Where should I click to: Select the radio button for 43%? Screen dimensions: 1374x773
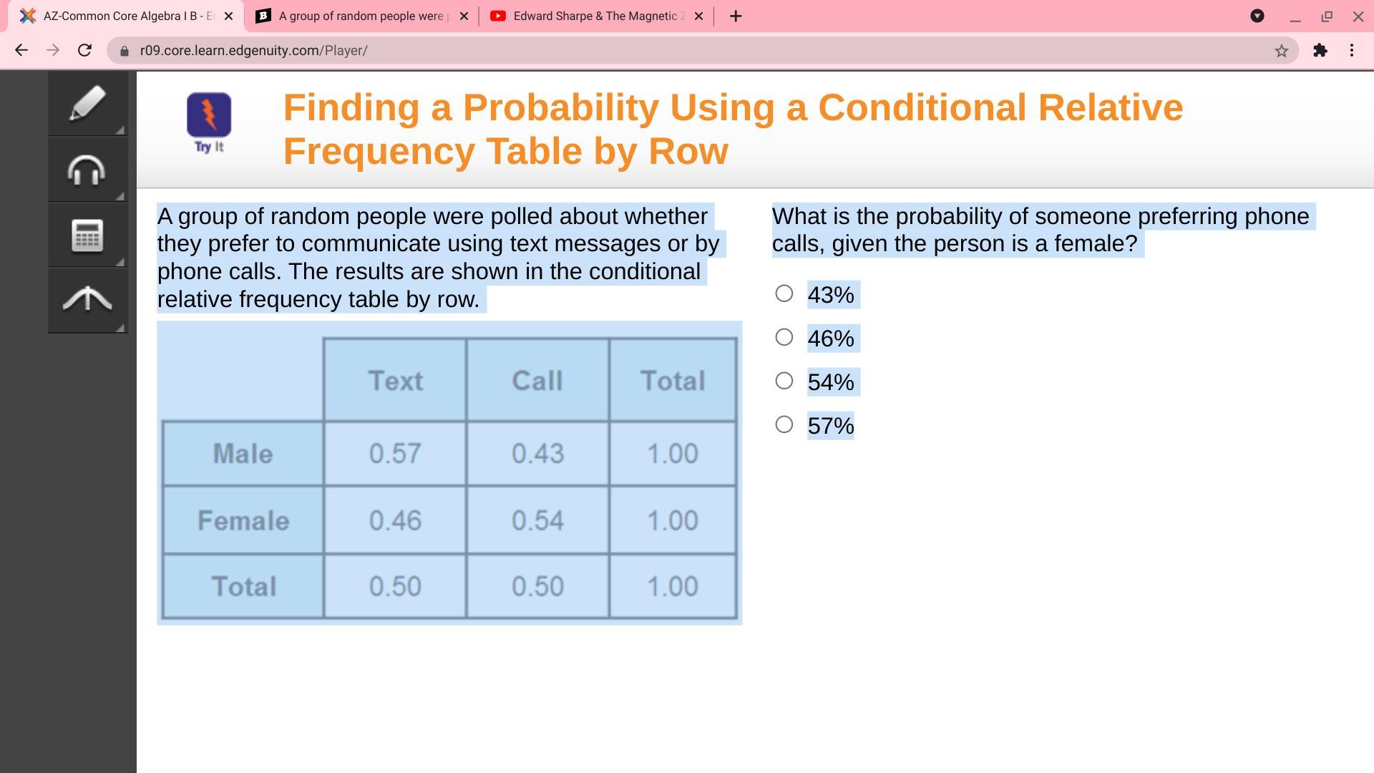[x=784, y=293]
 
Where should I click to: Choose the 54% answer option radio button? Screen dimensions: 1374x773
[x=784, y=381]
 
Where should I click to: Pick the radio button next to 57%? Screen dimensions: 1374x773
[x=784, y=424]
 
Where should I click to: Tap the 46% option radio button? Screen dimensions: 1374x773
[x=784, y=337]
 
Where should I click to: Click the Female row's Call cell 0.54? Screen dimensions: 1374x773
[x=537, y=520]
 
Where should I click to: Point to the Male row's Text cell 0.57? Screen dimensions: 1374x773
[x=395, y=454]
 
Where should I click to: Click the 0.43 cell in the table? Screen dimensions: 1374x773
[x=537, y=454]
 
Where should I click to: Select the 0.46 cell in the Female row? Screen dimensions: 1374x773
[x=395, y=520]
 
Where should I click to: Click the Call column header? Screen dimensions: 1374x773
[x=537, y=381]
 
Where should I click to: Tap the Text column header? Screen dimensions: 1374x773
[x=396, y=381]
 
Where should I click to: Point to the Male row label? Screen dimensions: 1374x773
[x=243, y=454]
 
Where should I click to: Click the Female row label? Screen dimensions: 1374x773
[x=243, y=520]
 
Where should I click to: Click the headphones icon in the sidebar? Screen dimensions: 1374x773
[x=87, y=170]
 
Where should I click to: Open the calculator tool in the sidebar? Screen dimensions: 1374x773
[x=87, y=235]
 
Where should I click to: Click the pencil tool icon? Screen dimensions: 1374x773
[x=87, y=104]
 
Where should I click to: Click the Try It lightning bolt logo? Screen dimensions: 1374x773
[x=209, y=115]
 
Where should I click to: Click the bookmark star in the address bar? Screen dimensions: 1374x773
[x=1281, y=51]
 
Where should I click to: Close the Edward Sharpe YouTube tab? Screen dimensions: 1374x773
[x=699, y=16]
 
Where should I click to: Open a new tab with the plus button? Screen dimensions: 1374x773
[x=736, y=16]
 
